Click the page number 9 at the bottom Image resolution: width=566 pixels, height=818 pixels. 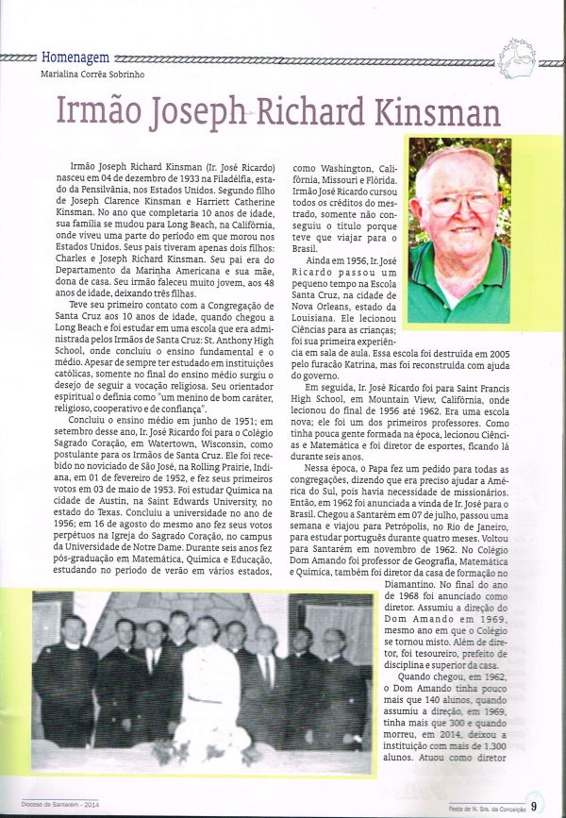pyautogui.click(x=533, y=805)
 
